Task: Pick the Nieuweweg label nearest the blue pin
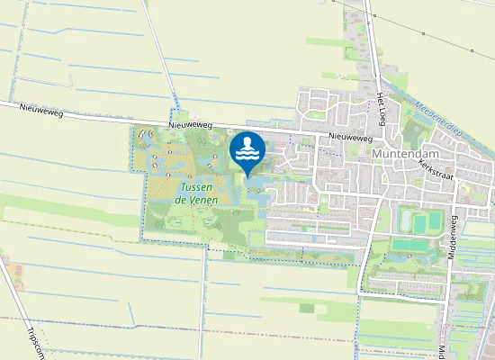click(191, 126)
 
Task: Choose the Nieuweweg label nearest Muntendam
click(350, 138)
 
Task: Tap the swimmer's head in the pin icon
click(247, 143)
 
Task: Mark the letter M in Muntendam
click(376, 154)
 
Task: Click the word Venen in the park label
click(202, 199)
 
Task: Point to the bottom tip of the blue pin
click(247, 176)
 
